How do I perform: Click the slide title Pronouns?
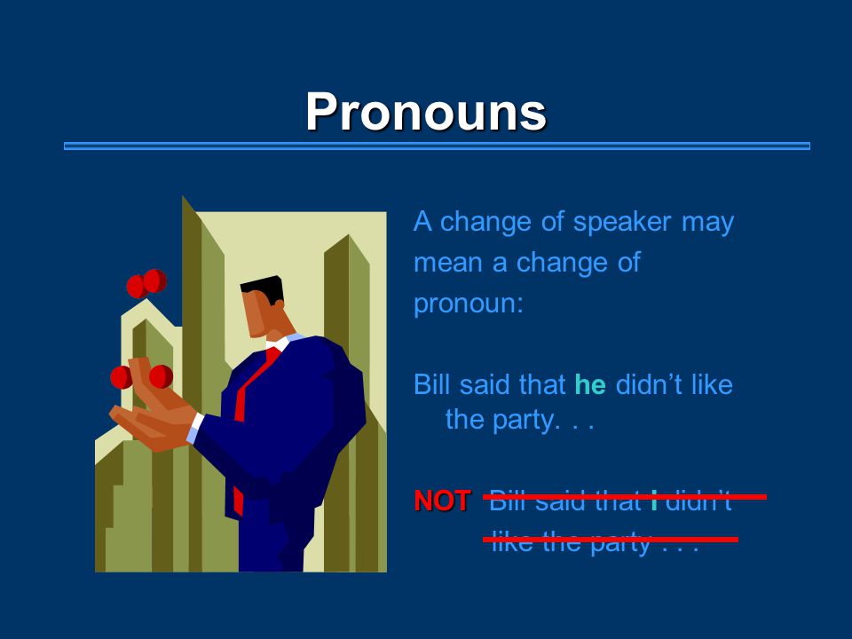click(x=425, y=112)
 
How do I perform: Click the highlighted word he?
click(x=590, y=384)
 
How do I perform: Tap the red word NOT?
click(x=442, y=501)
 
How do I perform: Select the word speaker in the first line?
click(x=622, y=223)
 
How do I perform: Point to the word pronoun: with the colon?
click(x=469, y=304)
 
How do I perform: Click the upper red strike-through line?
click(x=625, y=497)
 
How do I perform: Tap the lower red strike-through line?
click(x=611, y=540)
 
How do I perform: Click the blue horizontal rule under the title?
click(x=437, y=146)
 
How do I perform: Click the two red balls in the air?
click(x=146, y=283)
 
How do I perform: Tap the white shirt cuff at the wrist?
click(x=195, y=428)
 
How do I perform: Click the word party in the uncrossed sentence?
click(x=525, y=421)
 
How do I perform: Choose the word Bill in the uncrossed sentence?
click(x=432, y=384)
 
